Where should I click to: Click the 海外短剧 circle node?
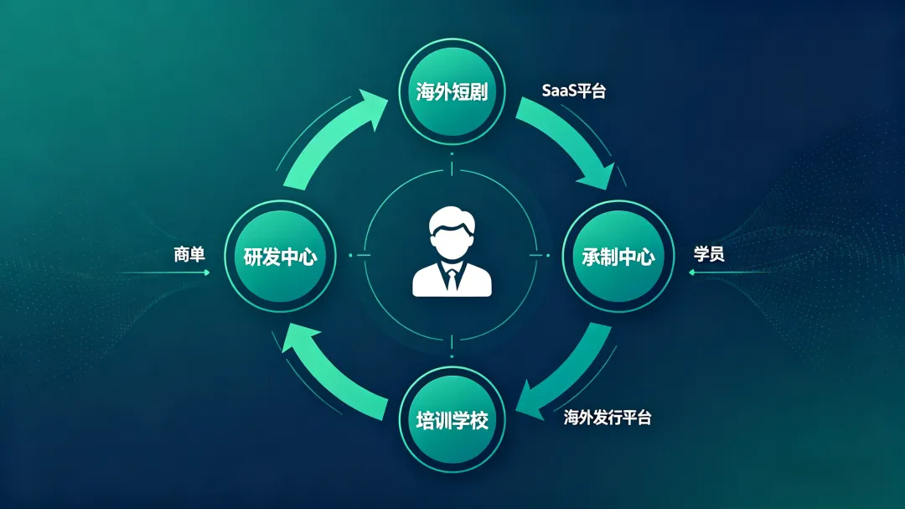[x=452, y=91]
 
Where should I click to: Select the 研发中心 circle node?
[x=280, y=257]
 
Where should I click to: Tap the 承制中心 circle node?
[x=618, y=257]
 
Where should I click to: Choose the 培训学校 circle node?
[x=452, y=418]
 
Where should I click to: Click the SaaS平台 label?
[x=573, y=91]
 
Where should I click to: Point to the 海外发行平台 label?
[x=607, y=418]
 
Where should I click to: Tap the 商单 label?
[x=189, y=254]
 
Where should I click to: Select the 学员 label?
[x=709, y=253]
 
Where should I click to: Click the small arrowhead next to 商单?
[x=206, y=273]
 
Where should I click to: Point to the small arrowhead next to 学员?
[x=692, y=273]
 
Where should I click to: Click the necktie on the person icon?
[x=452, y=278]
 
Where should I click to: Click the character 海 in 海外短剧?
[x=426, y=92]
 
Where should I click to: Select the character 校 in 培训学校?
[x=478, y=418]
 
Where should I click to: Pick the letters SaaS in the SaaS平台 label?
[x=556, y=91]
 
